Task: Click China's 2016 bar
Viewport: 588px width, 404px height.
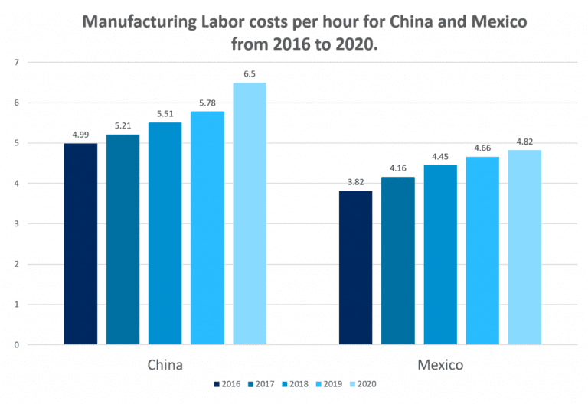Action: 80,243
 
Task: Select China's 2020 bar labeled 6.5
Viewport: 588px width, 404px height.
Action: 250,213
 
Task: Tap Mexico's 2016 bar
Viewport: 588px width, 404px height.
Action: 355,267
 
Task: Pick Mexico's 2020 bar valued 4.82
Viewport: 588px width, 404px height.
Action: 524,247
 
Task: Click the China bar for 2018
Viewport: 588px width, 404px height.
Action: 165,233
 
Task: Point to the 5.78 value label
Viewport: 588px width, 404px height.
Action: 207,103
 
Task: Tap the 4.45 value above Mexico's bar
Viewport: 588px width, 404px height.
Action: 439,156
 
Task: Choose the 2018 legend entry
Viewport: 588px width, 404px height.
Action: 295,383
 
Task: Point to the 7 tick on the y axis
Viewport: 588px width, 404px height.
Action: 15,62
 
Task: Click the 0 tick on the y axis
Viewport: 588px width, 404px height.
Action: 15,345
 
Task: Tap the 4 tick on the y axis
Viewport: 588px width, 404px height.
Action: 15,184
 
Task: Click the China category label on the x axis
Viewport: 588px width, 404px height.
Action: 165,364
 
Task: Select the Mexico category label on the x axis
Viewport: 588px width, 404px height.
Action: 439,364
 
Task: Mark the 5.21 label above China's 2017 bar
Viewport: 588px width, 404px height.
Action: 122,125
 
